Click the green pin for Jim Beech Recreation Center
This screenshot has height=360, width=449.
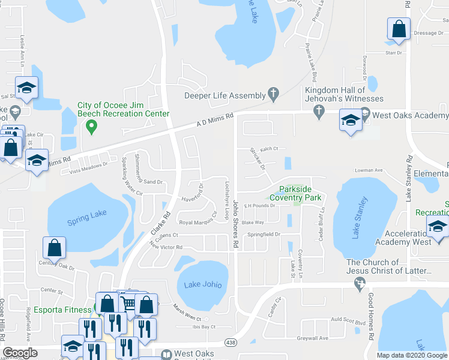tap(91, 126)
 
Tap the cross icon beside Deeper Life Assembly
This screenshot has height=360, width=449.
tap(274, 95)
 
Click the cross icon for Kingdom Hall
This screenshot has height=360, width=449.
tap(318, 110)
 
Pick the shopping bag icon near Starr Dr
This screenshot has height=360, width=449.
tap(398, 29)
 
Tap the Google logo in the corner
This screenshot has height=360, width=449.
tap(20, 353)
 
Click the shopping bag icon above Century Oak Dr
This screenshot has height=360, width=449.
tap(54, 247)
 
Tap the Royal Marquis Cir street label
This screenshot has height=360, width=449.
tap(198, 221)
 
